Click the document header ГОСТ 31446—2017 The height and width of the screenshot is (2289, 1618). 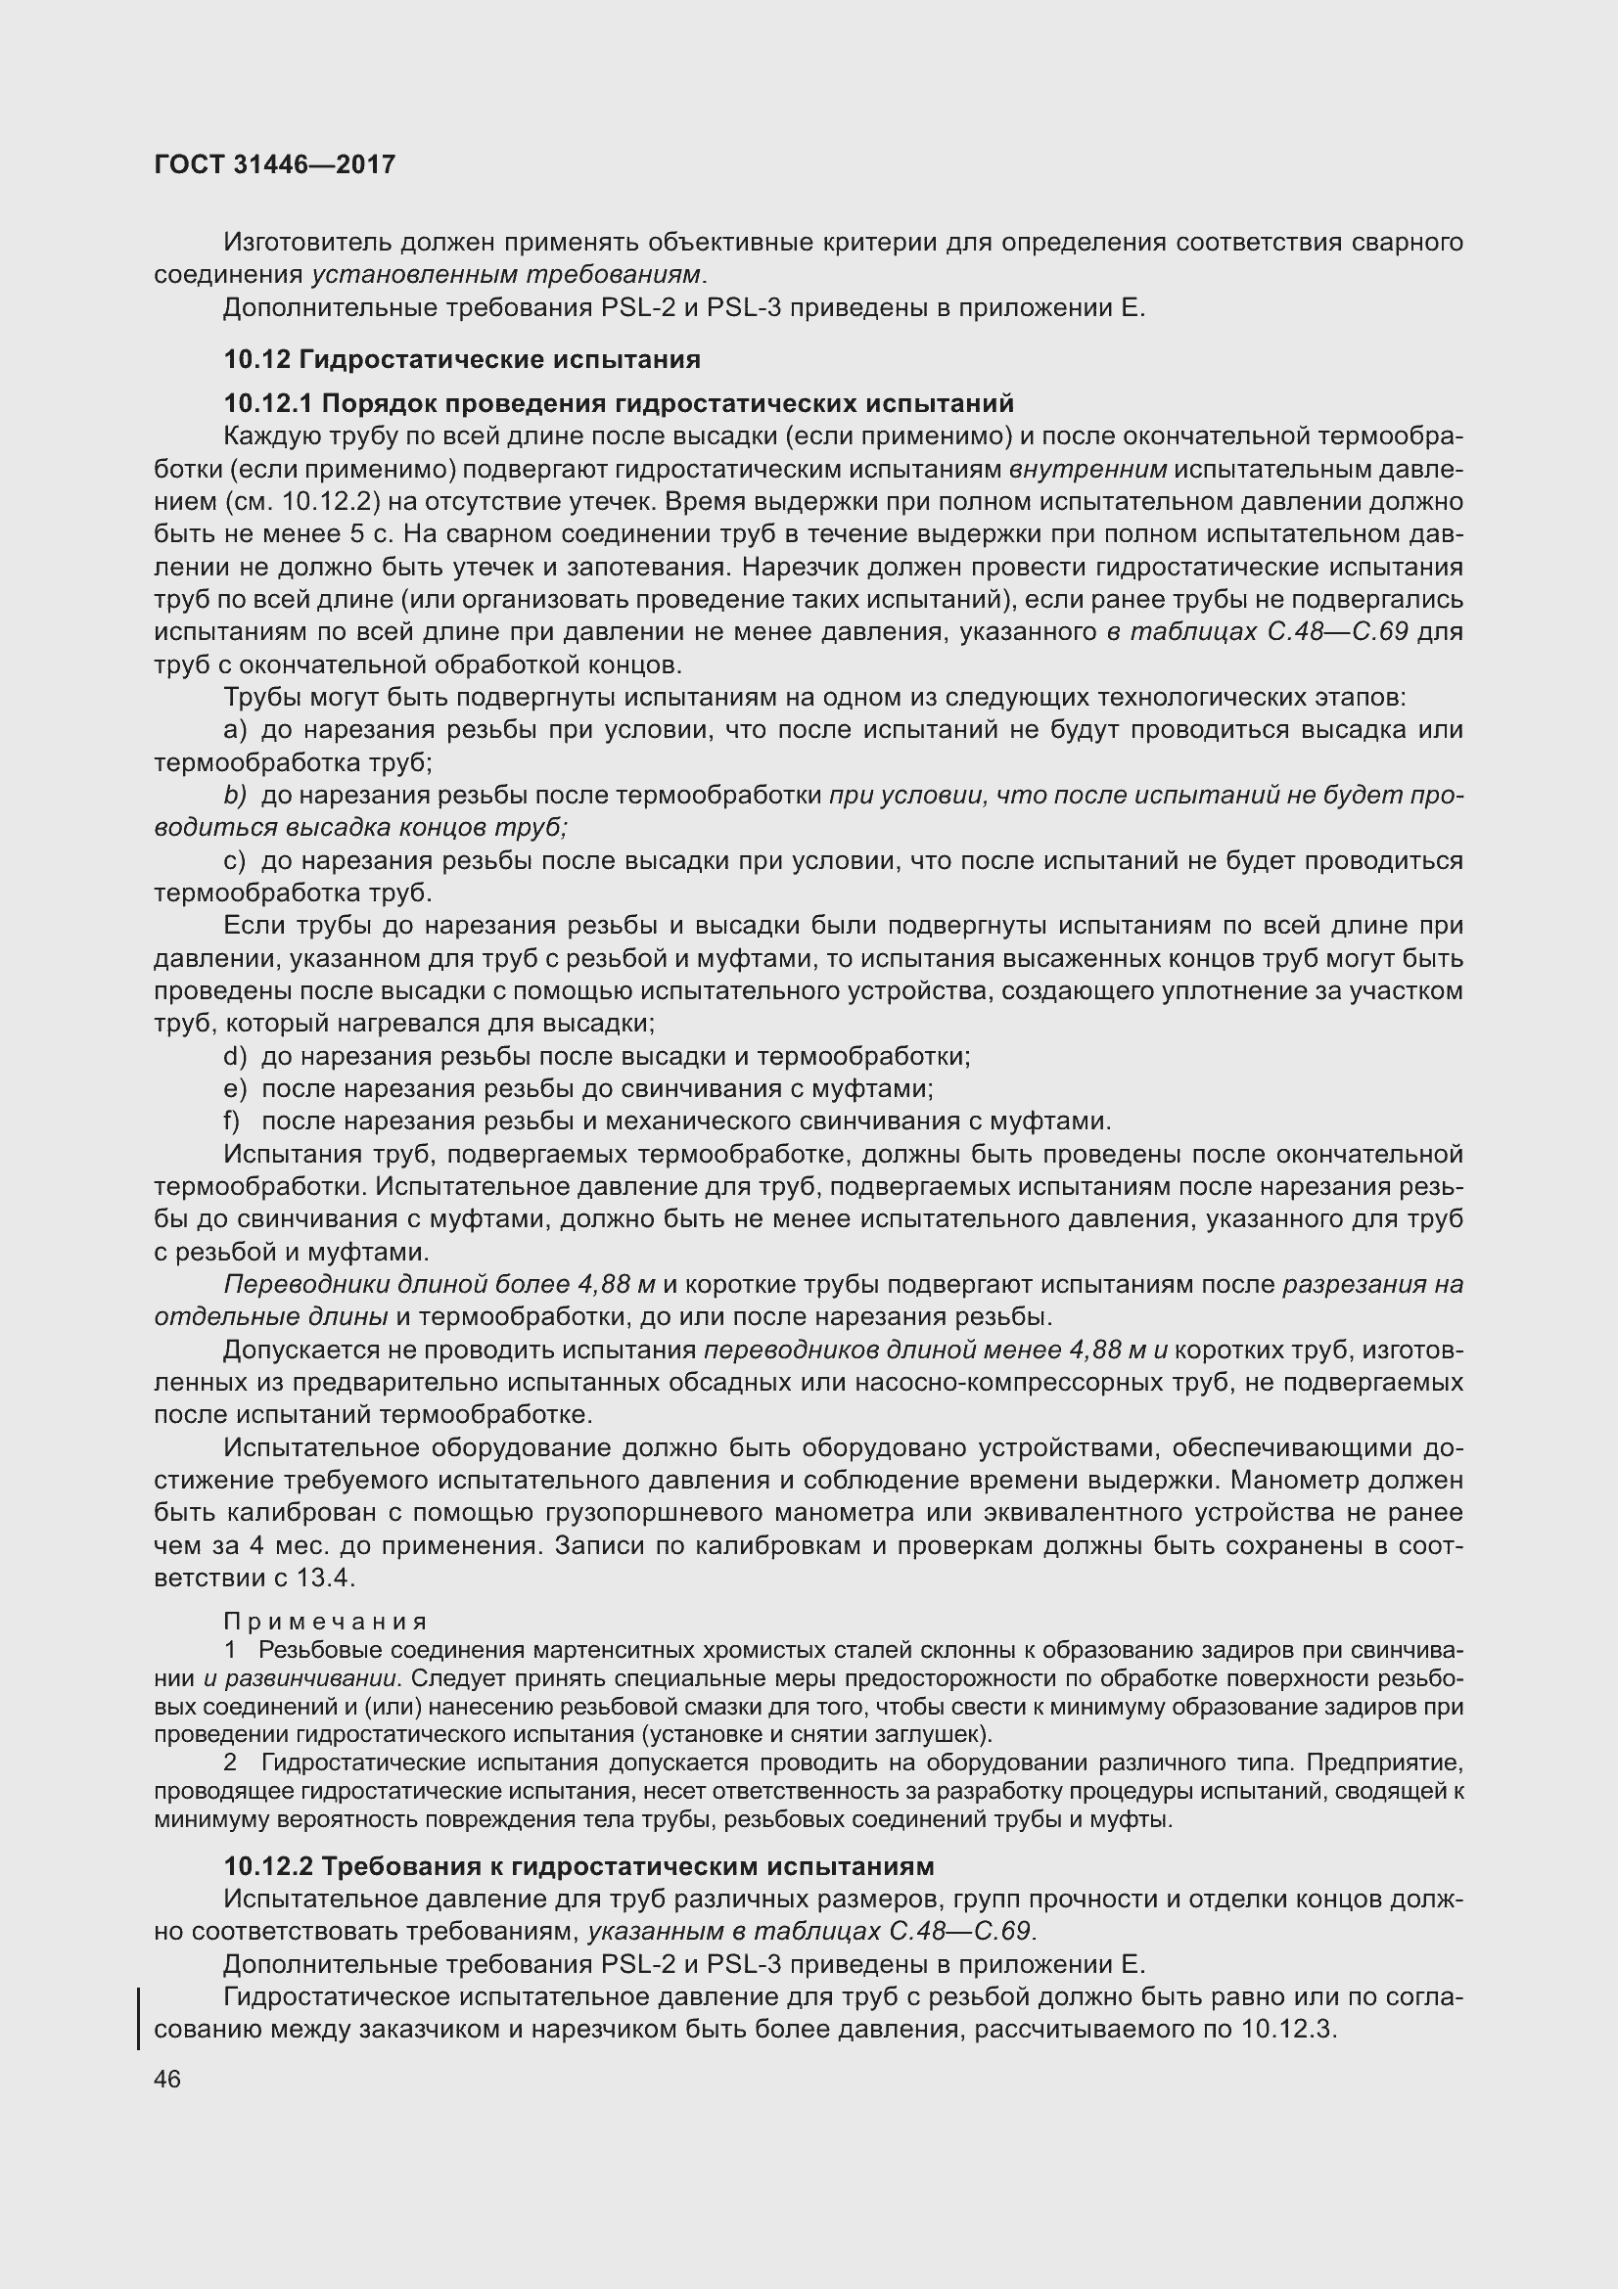click(275, 164)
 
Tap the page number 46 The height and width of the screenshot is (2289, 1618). click(167, 2079)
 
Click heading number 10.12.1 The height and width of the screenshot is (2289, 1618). click(268, 404)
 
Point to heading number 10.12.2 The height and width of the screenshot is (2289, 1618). click(268, 1865)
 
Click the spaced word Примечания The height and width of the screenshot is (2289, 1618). click(326, 1622)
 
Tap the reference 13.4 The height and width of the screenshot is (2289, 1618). click(326, 1579)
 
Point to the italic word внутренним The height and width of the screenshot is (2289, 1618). click(1087, 470)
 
